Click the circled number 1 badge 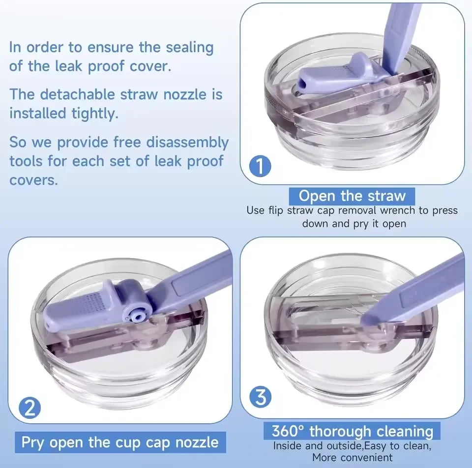(x=261, y=166)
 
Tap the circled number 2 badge (x=29, y=408)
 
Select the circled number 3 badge (x=261, y=397)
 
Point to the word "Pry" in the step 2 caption (x=32, y=443)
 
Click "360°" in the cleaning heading (x=288, y=431)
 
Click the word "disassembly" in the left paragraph (x=187, y=143)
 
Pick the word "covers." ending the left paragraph (x=33, y=180)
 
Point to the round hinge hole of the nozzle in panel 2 (x=138, y=316)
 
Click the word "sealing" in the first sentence (x=190, y=48)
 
